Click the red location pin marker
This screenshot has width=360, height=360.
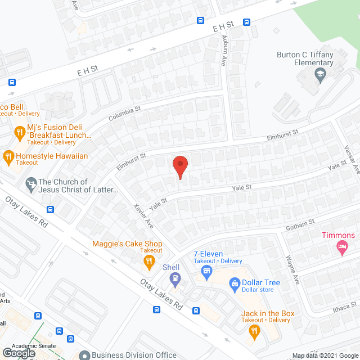(x=179, y=166)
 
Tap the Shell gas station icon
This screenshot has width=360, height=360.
(x=176, y=277)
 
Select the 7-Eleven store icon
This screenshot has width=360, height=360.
(x=206, y=272)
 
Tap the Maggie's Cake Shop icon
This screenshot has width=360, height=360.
(x=149, y=260)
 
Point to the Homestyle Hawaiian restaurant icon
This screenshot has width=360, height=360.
(x=8, y=156)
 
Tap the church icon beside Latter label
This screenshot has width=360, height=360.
(x=31, y=183)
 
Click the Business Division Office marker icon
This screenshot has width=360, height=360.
(x=84, y=355)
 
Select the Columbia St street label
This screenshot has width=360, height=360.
(x=124, y=114)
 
